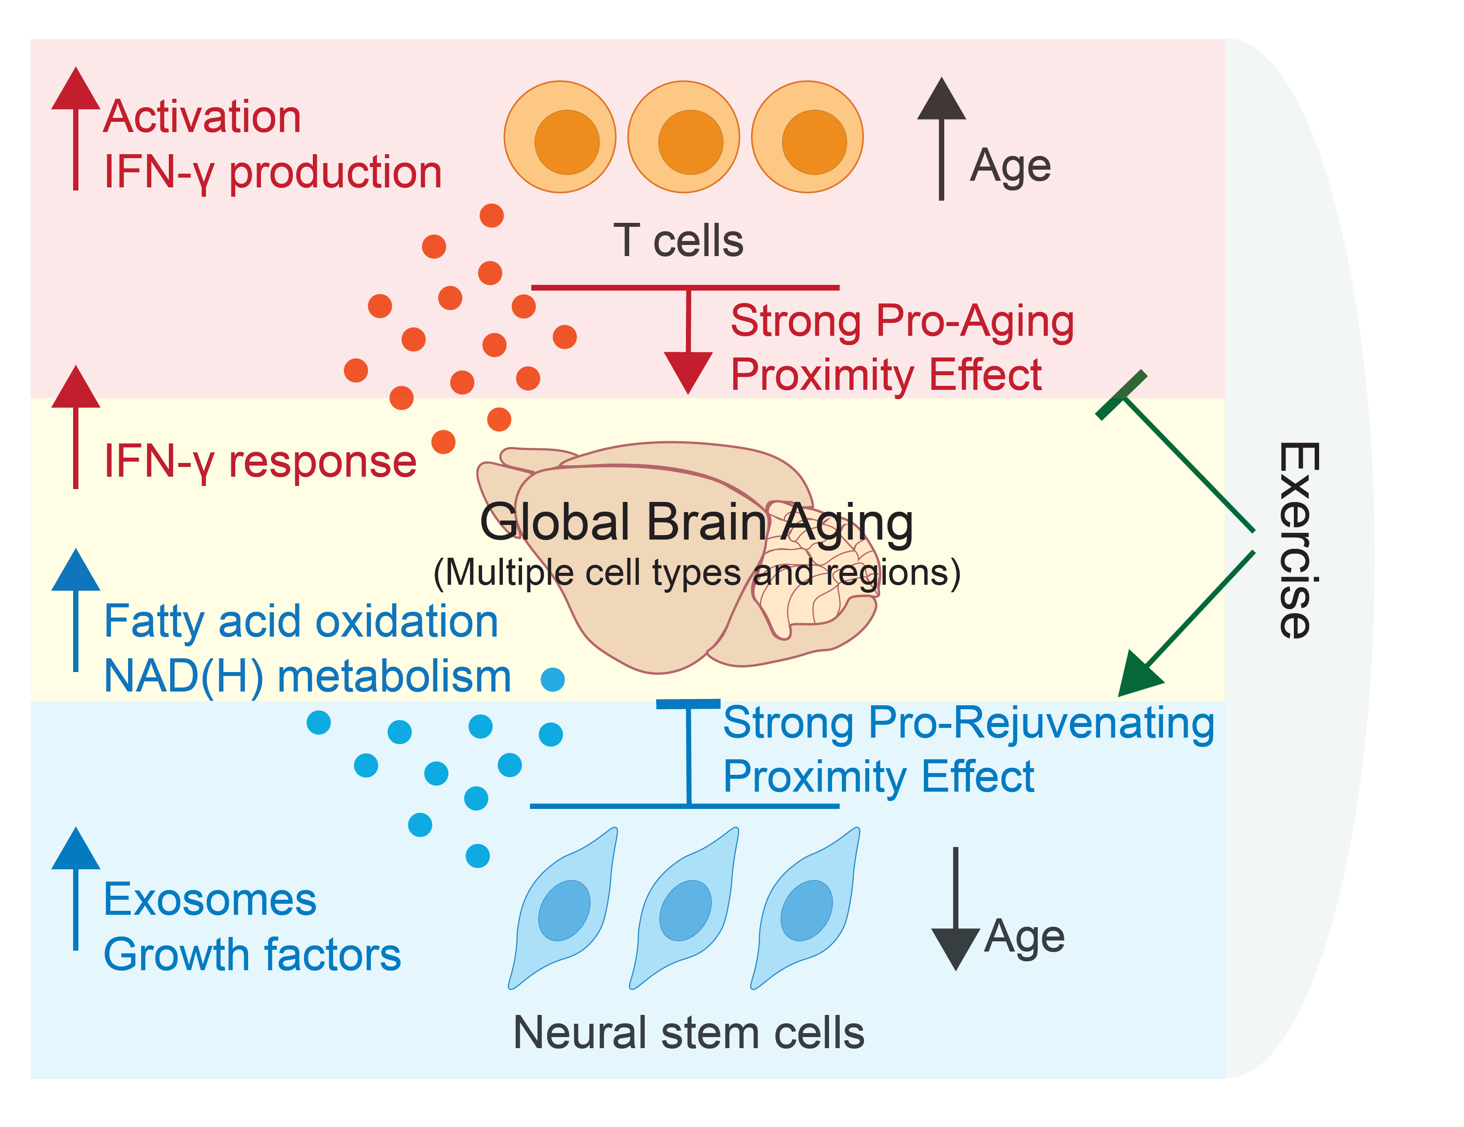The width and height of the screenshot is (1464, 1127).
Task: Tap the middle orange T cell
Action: (x=683, y=137)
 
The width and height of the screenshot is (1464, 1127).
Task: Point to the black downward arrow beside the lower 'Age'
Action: (x=955, y=911)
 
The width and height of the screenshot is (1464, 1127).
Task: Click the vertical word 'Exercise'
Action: (x=1298, y=540)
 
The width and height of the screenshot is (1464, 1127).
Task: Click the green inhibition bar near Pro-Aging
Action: (x=1121, y=395)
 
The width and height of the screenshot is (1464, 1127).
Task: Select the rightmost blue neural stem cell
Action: (x=808, y=908)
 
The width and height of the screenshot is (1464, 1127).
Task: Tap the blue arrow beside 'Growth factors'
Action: (x=76, y=891)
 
